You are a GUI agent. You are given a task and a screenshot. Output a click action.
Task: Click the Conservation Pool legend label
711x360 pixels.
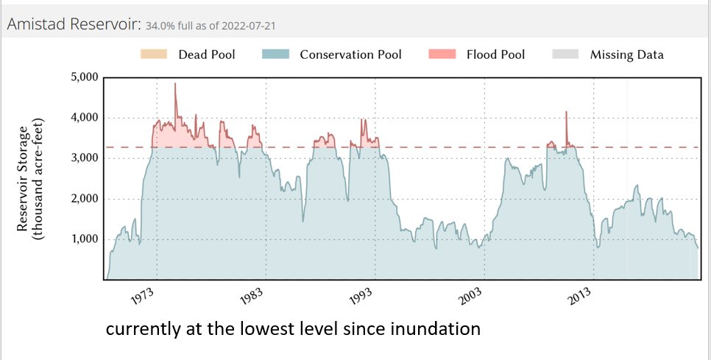point(351,54)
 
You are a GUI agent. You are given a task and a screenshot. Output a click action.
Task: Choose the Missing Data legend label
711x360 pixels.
point(626,54)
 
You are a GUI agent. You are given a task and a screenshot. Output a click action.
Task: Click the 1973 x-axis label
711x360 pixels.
point(144,297)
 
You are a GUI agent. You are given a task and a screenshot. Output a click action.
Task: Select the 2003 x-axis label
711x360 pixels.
point(471,297)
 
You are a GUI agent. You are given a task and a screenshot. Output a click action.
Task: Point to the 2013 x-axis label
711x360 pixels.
point(580,297)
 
